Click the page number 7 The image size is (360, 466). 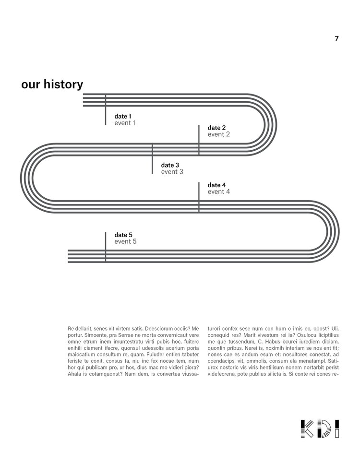point(336,39)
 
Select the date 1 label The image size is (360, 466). point(122,116)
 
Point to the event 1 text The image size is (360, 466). point(125,123)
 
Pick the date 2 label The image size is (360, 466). point(216,128)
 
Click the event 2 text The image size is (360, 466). point(218,134)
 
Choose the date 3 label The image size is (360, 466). point(170,165)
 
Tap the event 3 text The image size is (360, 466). point(172,172)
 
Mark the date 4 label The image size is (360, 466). point(216,185)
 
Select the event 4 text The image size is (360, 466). point(218,191)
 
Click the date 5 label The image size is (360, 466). point(123,235)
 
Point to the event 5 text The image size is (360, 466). point(125,241)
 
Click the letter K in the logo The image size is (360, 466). point(307,428)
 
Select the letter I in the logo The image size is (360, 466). point(337,428)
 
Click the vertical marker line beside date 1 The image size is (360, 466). point(106,110)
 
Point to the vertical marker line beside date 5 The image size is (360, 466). point(106,247)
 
